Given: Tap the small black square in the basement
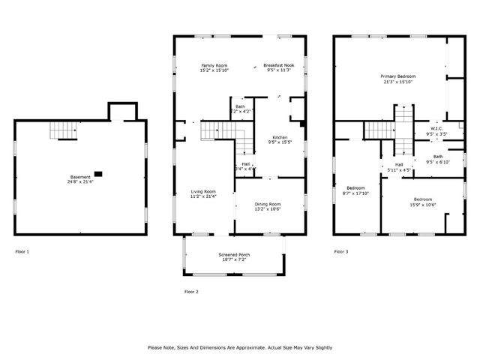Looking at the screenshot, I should (97, 173).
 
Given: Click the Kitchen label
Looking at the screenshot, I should (279, 137).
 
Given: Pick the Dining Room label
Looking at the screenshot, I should (268, 203).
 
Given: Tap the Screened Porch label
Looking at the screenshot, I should (234, 254).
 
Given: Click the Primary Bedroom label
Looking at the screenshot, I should (397, 76).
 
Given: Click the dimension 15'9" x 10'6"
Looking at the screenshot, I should (423, 205).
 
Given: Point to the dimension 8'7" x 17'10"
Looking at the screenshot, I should (356, 193).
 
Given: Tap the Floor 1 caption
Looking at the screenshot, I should (22, 252).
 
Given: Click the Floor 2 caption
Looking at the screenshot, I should (191, 291).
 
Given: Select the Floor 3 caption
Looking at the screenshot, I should (340, 252).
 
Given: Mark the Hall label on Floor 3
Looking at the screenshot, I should (399, 164).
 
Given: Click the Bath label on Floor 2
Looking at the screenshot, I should (240, 106).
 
